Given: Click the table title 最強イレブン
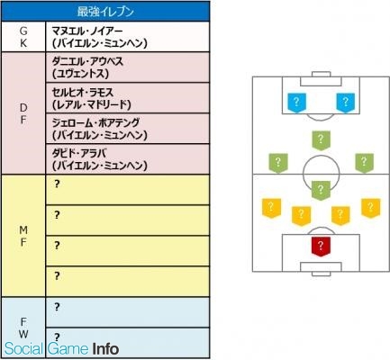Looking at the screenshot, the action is click(105, 12).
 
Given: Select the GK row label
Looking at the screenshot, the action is click(23, 37).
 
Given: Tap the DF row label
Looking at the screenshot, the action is click(23, 113).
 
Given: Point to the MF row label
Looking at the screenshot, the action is click(23, 236).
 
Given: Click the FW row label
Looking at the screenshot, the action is click(23, 328).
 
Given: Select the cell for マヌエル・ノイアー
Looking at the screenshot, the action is click(128, 37).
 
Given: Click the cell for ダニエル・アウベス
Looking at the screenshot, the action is click(128, 67).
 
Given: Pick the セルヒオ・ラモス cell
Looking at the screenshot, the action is click(128, 98).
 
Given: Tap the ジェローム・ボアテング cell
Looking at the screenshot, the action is click(128, 129).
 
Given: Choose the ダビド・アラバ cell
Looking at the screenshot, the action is click(128, 159).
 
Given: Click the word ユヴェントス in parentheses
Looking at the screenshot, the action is click(80, 74).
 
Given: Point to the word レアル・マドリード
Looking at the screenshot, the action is click(92, 104).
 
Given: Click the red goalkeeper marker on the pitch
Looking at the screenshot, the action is click(321, 247).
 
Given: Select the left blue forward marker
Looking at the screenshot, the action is click(296, 103).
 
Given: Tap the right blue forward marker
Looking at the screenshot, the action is click(345, 103).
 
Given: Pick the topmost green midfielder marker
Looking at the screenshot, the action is click(321, 140).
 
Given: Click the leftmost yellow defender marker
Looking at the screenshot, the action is click(271, 208).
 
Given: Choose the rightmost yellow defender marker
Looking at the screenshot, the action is click(371, 208).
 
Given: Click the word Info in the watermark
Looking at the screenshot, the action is click(105, 349).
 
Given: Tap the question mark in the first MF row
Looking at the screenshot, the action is click(57, 184).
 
